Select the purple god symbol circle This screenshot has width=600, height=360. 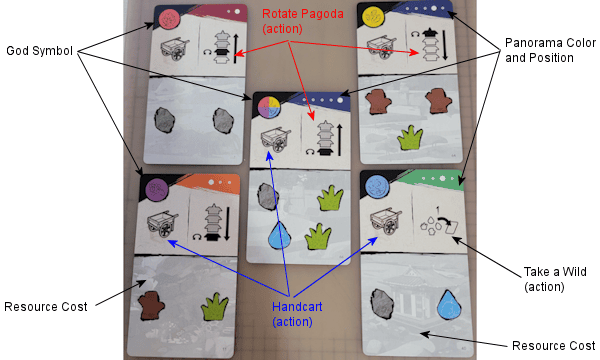coord(157,189)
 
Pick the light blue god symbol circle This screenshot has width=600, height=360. coord(377,188)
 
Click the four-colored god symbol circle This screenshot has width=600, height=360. coord(269,107)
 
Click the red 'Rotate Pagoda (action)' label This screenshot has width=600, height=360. coord(302,21)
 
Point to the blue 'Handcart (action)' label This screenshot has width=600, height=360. coord(297,314)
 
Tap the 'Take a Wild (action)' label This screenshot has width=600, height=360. coord(555,279)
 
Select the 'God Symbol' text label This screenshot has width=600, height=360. coord(39,51)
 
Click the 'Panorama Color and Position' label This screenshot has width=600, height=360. coord(550,50)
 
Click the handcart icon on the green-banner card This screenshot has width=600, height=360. coord(385,222)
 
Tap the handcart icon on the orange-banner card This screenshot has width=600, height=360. coord(163,224)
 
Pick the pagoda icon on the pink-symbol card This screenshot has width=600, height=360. coord(221,47)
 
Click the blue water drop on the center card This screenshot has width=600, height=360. coord(279,235)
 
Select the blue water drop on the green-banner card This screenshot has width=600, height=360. coord(450,305)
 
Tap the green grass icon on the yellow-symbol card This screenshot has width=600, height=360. coord(410,138)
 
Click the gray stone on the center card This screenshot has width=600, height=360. coord(268,196)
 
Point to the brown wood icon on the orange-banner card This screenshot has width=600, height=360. coord(152,306)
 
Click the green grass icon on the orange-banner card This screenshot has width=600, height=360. coord(215,306)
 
